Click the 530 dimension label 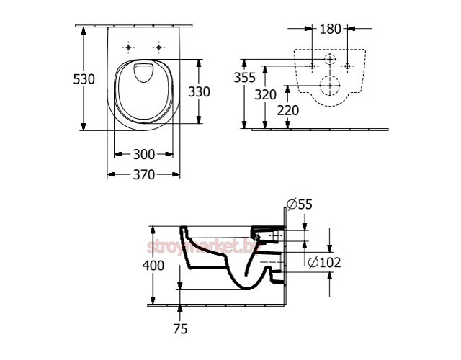(85, 79)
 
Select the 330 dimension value (198, 92)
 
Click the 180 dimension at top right (330, 30)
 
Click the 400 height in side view (153, 265)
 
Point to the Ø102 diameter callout (323, 264)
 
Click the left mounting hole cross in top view (129, 48)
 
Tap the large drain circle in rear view (330, 85)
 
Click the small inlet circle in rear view (330, 59)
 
